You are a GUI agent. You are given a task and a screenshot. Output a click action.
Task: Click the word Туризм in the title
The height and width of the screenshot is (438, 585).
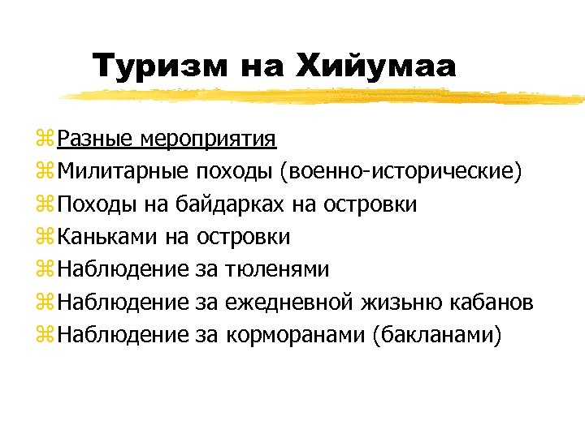(161, 66)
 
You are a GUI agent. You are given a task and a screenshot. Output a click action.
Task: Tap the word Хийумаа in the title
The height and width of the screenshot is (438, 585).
(379, 66)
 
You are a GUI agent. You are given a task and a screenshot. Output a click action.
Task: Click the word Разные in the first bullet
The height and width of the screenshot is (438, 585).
(96, 140)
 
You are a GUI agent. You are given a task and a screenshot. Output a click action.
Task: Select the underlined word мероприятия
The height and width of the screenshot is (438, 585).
(209, 140)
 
